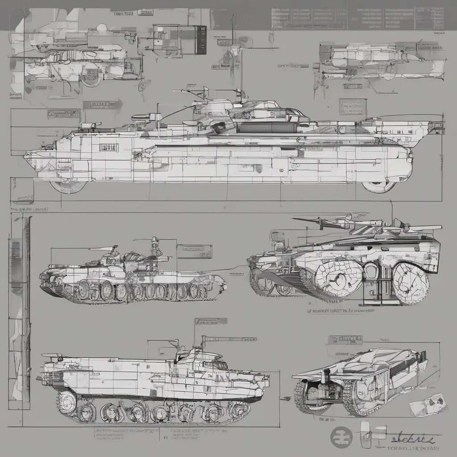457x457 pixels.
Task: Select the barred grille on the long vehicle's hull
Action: (x=108, y=147)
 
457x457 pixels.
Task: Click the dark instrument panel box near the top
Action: (x=201, y=40)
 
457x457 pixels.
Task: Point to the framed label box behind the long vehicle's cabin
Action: (x=353, y=107)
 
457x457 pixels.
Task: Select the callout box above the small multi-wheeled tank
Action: (x=194, y=251)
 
